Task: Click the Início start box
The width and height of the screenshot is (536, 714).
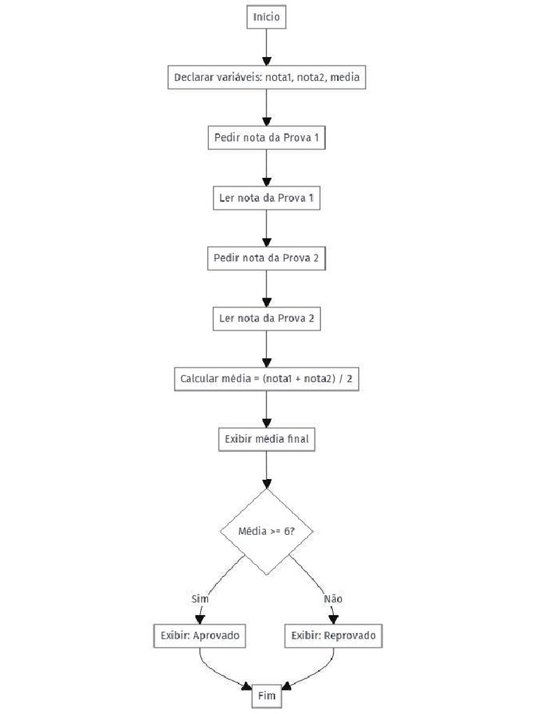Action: pyautogui.click(x=267, y=17)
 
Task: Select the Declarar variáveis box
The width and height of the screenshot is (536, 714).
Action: pyautogui.click(x=267, y=77)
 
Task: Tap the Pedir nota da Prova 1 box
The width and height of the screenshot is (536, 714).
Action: pyautogui.click(x=267, y=137)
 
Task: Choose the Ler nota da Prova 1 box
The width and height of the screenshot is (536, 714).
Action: pyautogui.click(x=267, y=198)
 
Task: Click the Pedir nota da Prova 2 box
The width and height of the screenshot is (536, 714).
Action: pyautogui.click(x=267, y=258)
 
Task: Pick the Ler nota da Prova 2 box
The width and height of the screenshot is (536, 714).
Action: pyautogui.click(x=267, y=319)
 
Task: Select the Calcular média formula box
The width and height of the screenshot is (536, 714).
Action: pyautogui.click(x=267, y=379)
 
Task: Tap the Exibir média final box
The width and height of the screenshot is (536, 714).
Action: pyautogui.click(x=267, y=439)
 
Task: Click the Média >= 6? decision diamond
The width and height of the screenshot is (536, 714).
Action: pyautogui.click(x=267, y=531)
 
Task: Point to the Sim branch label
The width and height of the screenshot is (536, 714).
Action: pyautogui.click(x=200, y=598)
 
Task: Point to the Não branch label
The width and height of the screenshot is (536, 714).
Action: pyautogui.click(x=333, y=598)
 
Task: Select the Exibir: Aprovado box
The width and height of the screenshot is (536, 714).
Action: pyautogui.click(x=200, y=636)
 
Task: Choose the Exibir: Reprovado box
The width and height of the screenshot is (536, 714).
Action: pyautogui.click(x=334, y=636)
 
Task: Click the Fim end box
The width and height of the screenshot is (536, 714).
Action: pyautogui.click(x=267, y=696)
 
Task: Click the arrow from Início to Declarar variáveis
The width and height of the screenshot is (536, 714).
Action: pyautogui.click(x=267, y=47)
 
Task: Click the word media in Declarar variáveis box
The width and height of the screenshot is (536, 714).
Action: pyautogui.click(x=345, y=77)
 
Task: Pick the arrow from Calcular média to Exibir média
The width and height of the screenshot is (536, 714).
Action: pyautogui.click(x=267, y=409)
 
